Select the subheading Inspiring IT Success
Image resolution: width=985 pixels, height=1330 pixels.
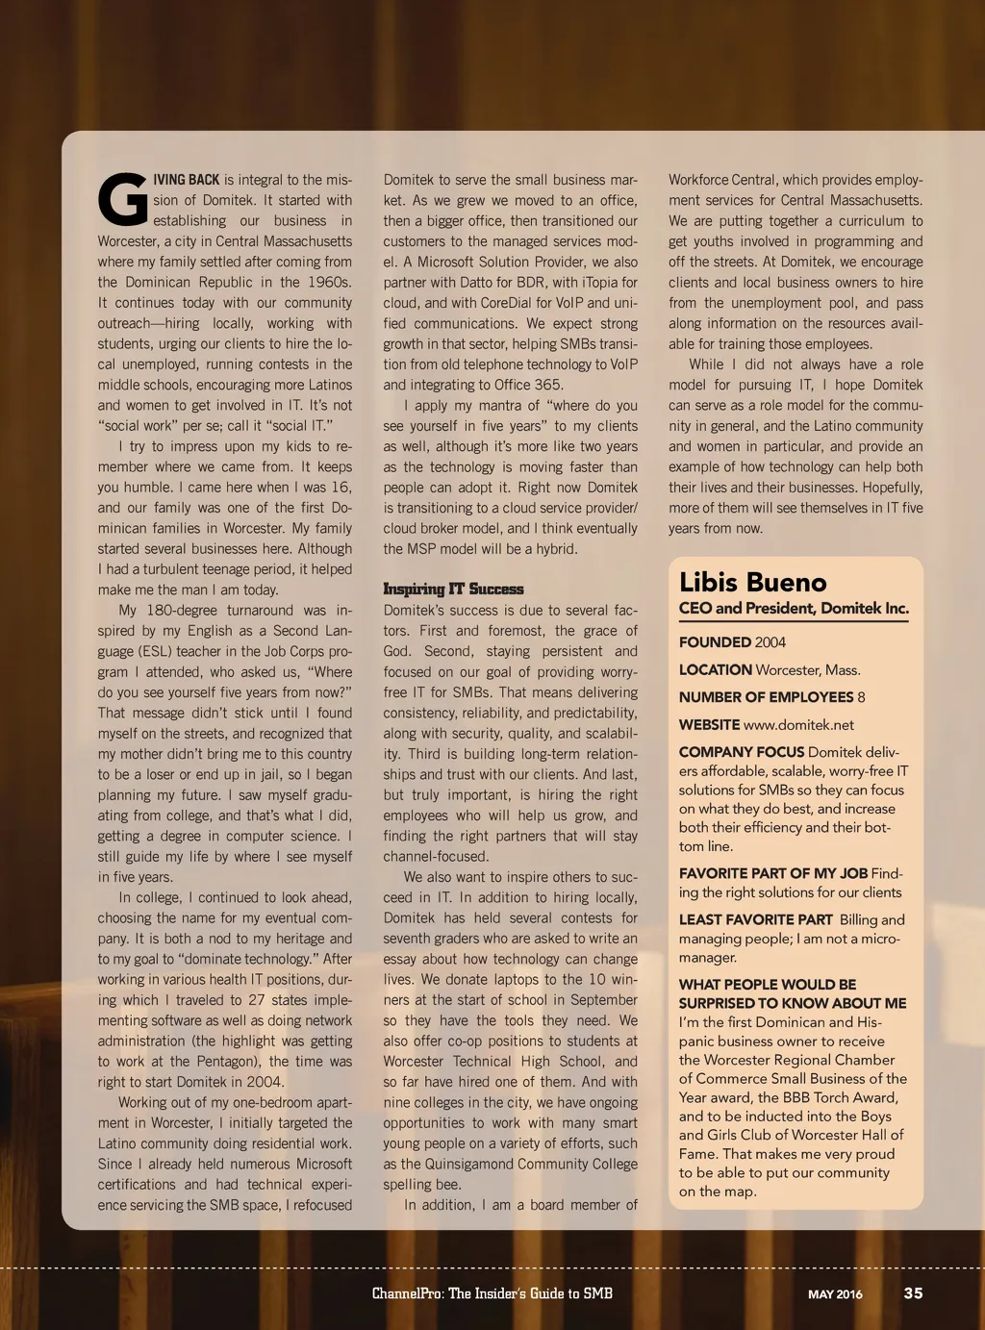[x=453, y=589]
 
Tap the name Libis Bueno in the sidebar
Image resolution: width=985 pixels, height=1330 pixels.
[x=752, y=582]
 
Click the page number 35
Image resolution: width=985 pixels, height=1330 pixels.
[x=913, y=1292]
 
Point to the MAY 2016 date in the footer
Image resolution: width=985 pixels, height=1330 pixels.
[x=835, y=1293]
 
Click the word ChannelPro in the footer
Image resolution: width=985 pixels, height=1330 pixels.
[x=407, y=1292]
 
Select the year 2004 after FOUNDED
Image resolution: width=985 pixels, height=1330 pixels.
[x=770, y=642]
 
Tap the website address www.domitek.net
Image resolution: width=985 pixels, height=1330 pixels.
[x=798, y=725]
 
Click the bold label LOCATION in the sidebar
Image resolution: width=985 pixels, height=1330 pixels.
[x=715, y=670]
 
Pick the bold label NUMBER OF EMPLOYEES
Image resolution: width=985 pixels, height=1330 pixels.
[x=766, y=697]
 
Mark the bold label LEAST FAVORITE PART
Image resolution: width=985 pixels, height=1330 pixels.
[x=755, y=919]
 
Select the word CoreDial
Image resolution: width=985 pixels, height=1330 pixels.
[x=508, y=302]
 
